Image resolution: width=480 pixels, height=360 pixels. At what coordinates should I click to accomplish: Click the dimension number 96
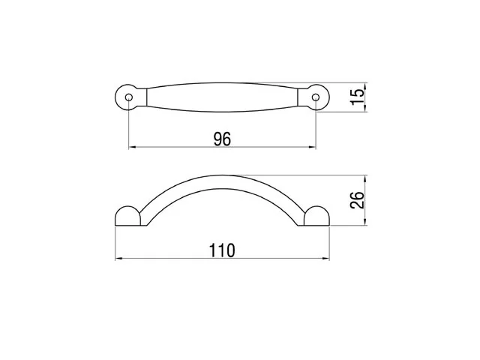tap(222, 139)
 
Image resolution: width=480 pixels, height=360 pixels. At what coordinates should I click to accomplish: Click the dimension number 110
tap(222, 250)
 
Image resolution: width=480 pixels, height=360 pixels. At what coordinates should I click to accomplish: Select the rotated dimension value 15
tap(358, 97)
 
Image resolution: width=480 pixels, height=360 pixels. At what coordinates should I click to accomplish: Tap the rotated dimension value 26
tap(357, 200)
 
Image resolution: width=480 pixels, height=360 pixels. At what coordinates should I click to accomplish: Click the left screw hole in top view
tap(129, 97)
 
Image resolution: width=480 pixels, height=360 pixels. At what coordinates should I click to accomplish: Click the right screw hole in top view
tap(315, 97)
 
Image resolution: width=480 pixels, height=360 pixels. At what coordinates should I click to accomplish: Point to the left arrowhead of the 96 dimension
tap(132, 147)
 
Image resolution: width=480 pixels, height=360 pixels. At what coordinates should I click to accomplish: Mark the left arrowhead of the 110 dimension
tap(118, 259)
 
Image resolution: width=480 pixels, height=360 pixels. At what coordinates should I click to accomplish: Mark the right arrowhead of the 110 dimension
tap(325, 259)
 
